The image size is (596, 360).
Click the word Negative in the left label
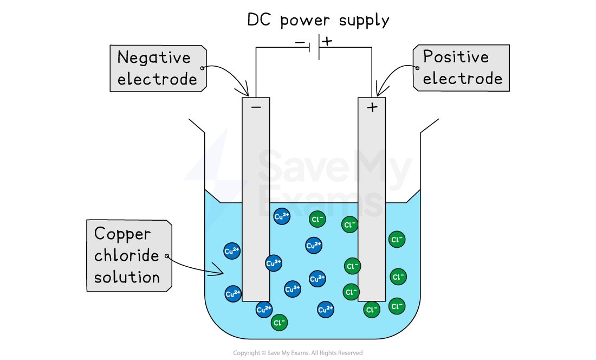click(154, 57)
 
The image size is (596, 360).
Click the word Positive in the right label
click(456, 57)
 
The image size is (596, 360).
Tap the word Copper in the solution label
click(122, 234)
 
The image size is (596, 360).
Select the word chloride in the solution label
click(127, 256)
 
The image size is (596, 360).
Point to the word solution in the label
click(127, 278)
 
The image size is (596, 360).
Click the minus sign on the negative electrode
click(256, 107)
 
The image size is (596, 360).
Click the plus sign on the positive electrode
click(372, 107)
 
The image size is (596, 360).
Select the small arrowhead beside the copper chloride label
click(216, 269)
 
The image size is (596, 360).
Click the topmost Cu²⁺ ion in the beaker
click(282, 216)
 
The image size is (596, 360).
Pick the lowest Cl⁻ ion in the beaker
click(279, 323)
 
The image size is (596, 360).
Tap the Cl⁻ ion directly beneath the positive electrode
click(372, 310)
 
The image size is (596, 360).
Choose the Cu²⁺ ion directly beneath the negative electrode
click(264, 310)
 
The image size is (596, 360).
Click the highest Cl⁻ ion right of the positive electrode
click(397, 239)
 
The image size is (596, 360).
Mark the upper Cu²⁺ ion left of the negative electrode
click(232, 250)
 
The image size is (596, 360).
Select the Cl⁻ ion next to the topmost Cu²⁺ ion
click(318, 220)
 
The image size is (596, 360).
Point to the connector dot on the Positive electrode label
click(416, 68)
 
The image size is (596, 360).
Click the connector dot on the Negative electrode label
click(203, 68)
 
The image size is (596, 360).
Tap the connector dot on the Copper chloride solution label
click(167, 256)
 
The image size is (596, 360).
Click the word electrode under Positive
click(462, 79)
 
